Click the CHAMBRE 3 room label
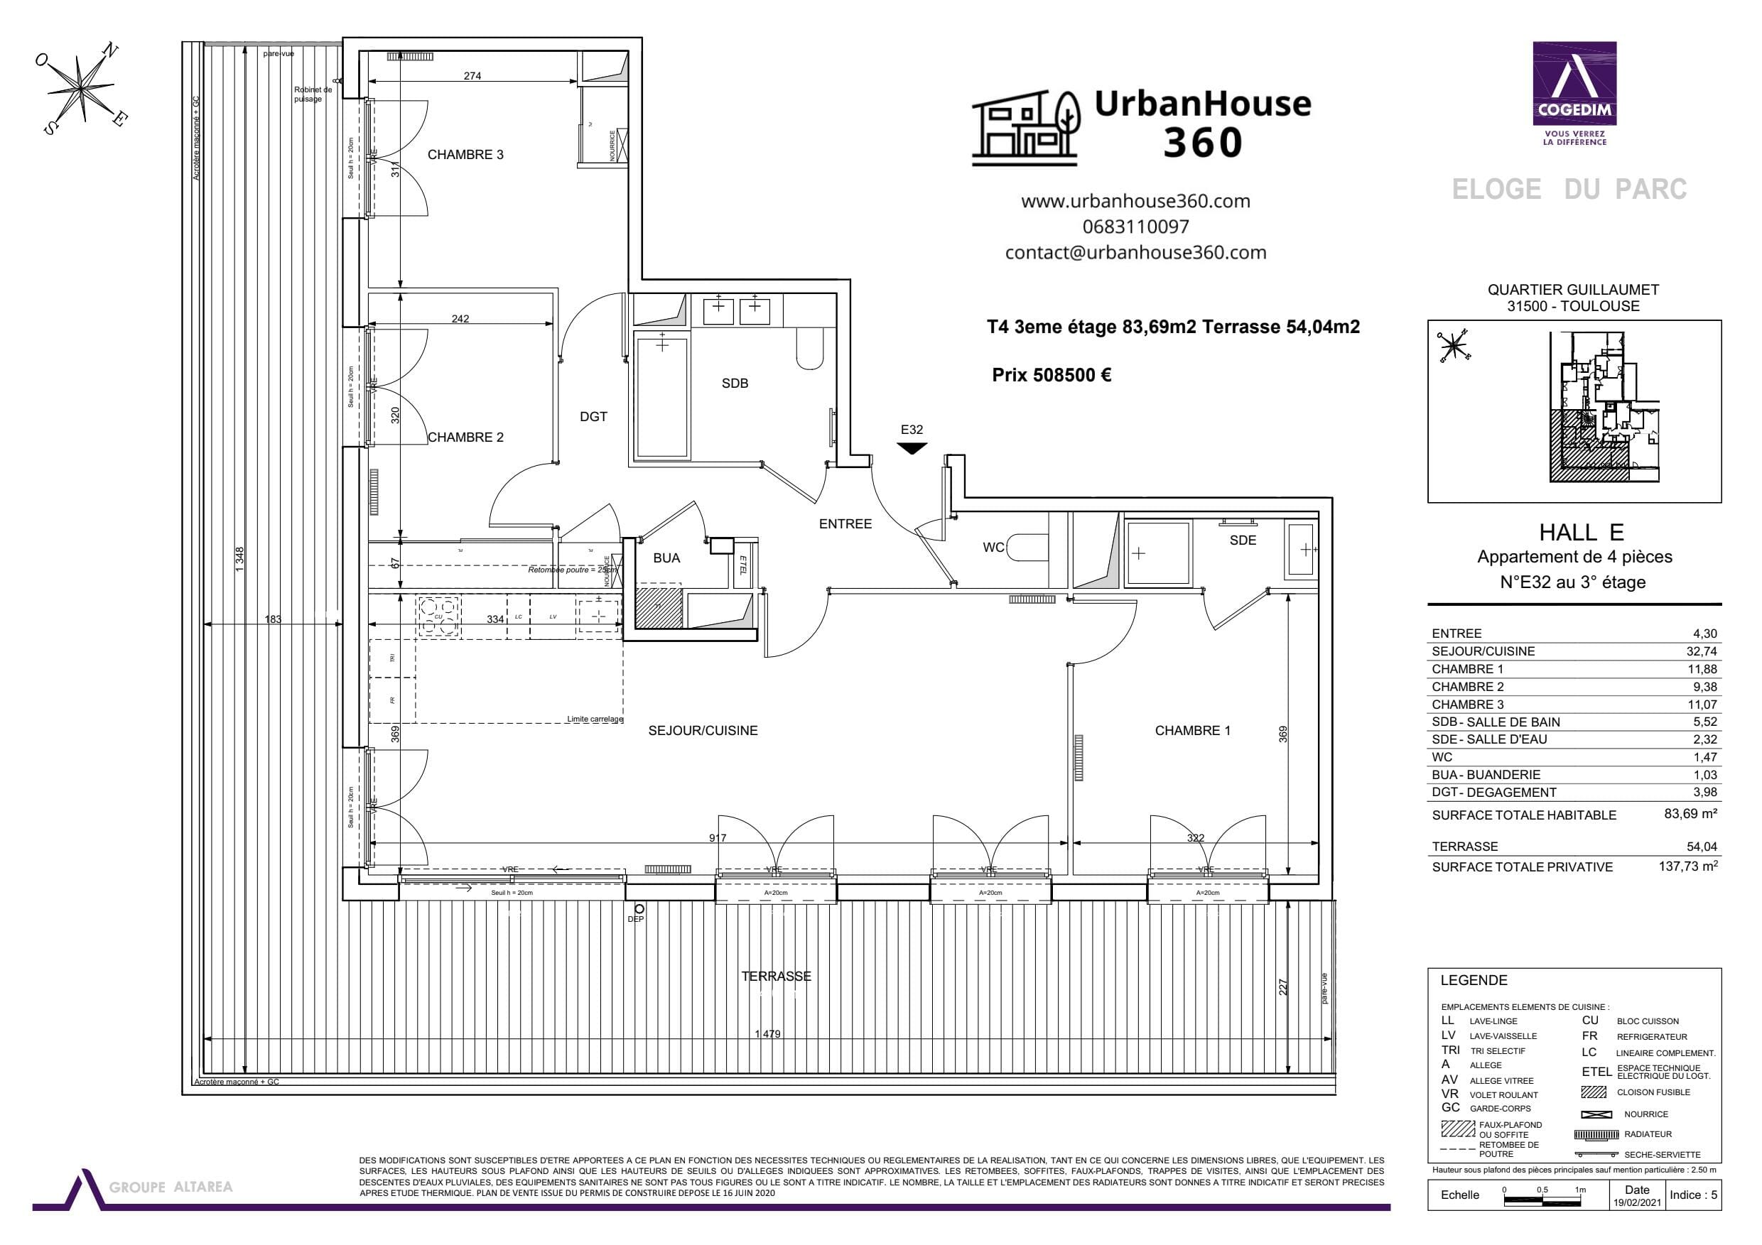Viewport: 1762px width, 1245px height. (x=465, y=155)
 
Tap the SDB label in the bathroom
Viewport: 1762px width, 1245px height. (x=735, y=384)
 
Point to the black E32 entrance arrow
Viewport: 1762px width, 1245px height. (x=912, y=448)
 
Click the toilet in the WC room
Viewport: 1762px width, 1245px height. (x=1026, y=548)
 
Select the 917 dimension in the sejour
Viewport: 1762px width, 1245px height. (x=718, y=837)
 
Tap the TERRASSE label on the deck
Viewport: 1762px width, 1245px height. (x=776, y=977)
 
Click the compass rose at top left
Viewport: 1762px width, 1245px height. (x=80, y=88)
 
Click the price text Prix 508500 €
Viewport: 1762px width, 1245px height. (x=1052, y=375)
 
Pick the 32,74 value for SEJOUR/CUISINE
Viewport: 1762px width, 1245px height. (x=1701, y=651)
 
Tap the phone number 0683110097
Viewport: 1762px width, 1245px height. (x=1136, y=227)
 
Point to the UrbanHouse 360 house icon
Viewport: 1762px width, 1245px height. (x=1025, y=128)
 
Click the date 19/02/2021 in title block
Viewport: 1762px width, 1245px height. (x=1636, y=1203)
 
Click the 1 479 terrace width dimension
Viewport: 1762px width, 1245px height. (x=767, y=1034)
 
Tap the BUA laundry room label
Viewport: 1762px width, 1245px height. (x=666, y=558)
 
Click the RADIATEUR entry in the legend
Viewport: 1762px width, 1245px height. (x=1648, y=1134)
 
